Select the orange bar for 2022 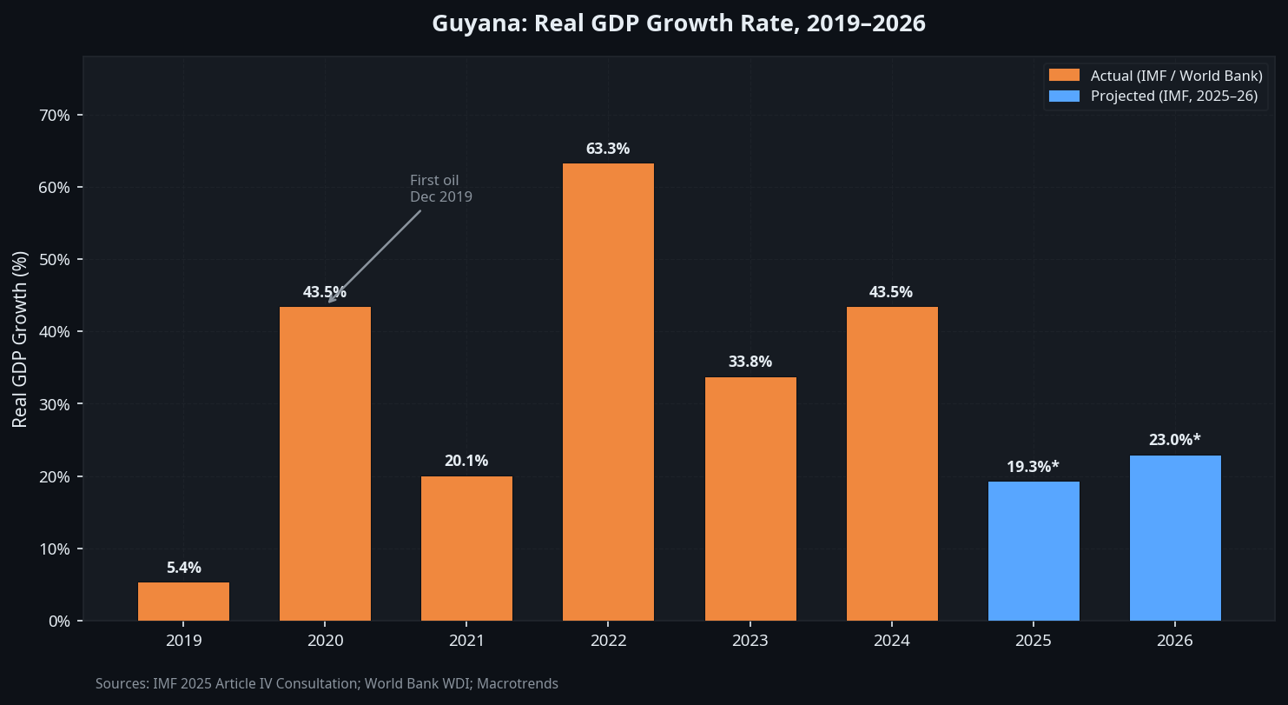(x=608, y=391)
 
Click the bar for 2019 (x=183, y=602)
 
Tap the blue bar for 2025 (x=1034, y=551)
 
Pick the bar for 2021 (x=466, y=549)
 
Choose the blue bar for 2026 (x=1175, y=538)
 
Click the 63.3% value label (x=608, y=149)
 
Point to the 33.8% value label (x=750, y=362)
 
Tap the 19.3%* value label (x=1033, y=467)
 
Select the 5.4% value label (x=183, y=568)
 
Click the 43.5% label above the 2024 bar (x=891, y=292)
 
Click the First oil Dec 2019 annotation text (x=440, y=189)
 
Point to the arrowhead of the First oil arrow (x=330, y=301)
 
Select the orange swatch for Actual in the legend (x=1064, y=76)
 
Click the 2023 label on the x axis (x=750, y=642)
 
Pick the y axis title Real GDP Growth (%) (x=20, y=339)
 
